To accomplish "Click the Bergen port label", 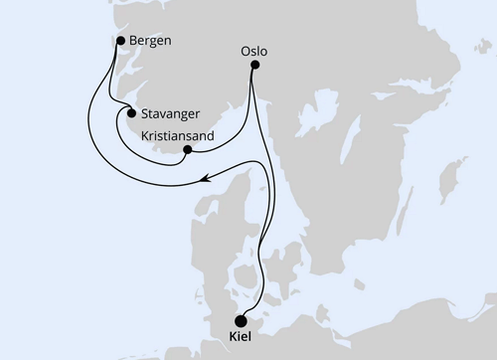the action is [x=146, y=41].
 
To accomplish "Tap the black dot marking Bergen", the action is [x=120, y=41].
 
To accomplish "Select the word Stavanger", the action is [x=174, y=113].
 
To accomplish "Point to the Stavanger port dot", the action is [x=131, y=112].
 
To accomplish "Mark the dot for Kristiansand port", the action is [x=187, y=150].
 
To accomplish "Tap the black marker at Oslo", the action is [x=254, y=66].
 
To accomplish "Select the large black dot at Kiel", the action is [x=241, y=320].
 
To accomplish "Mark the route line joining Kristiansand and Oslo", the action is [x=234, y=129].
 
